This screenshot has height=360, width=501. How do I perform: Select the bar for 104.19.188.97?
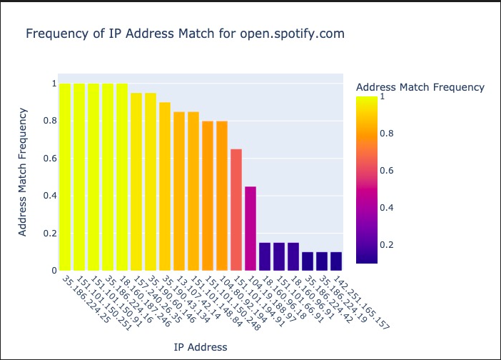tap(250, 228)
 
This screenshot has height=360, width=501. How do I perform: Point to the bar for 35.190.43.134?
tap(165, 186)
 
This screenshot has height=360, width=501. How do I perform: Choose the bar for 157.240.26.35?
tap(136, 181)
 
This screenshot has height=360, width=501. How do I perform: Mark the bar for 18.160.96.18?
tap(265, 256)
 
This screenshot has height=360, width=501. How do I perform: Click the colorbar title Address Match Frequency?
tap(420, 87)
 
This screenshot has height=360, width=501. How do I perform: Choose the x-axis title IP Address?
tap(201, 347)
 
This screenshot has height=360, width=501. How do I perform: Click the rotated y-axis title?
tap(23, 171)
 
